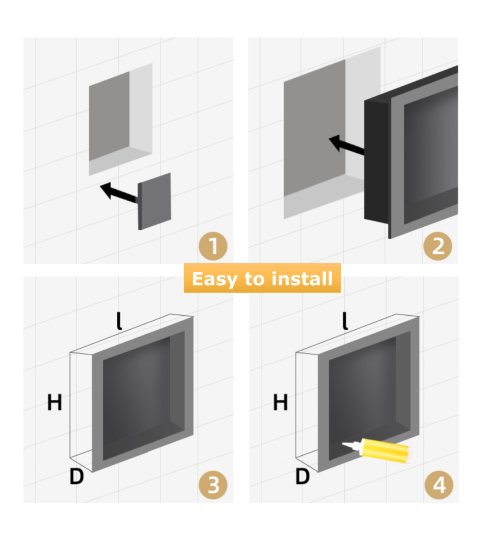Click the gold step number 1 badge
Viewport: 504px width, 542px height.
213,246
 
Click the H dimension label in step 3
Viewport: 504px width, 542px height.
55,402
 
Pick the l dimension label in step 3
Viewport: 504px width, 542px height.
119,321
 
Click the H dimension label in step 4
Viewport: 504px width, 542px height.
280,402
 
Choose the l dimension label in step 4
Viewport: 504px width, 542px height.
345,321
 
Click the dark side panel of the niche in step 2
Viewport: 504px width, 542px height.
376,161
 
